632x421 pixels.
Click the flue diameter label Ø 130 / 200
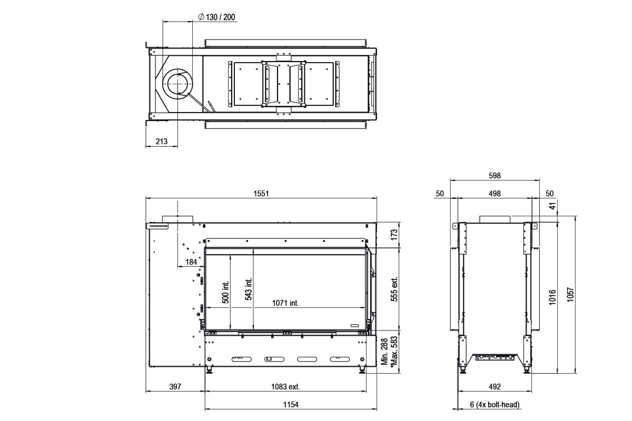[x=218, y=17]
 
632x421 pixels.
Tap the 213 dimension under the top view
[x=162, y=141]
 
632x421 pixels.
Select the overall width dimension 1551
[x=261, y=193]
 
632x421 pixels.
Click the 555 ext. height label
[x=394, y=289]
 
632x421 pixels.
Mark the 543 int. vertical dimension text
[x=249, y=289]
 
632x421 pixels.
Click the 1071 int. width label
[x=285, y=303]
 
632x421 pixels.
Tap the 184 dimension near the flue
[x=191, y=262]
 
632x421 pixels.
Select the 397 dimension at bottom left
[x=174, y=387]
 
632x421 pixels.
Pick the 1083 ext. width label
[x=285, y=387]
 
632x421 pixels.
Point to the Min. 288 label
[x=385, y=352]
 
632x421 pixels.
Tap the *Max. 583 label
[x=394, y=352]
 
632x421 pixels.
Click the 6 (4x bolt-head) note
[x=495, y=405]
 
